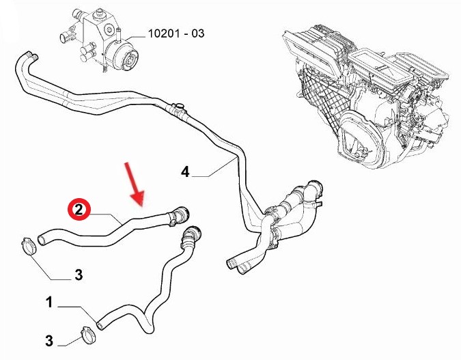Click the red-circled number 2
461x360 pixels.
point(79,210)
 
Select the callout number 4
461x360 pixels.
point(185,171)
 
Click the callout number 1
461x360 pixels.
point(49,303)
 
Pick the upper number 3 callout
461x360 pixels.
point(79,275)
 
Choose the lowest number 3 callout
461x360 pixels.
point(49,341)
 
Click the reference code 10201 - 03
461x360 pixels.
point(176,33)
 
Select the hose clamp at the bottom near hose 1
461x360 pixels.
point(89,335)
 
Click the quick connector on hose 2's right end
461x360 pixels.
point(178,216)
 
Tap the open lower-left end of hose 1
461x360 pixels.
point(100,325)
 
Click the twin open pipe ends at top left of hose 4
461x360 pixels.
point(31,55)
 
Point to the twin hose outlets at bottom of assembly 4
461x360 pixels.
point(238,266)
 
